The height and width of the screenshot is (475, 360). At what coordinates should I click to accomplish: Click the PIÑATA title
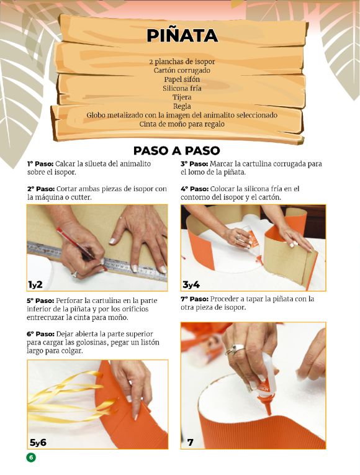click(x=182, y=35)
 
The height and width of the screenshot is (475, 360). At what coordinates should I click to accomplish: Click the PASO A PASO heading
click(x=177, y=151)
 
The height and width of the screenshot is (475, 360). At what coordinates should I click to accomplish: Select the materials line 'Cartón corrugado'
click(x=182, y=71)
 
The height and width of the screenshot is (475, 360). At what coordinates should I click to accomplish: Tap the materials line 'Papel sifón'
click(x=182, y=79)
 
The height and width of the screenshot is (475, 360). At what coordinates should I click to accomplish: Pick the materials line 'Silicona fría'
click(x=182, y=88)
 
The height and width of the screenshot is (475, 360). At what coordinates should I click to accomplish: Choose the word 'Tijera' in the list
click(x=182, y=97)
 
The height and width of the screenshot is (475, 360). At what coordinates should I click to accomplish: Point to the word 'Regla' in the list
click(x=182, y=106)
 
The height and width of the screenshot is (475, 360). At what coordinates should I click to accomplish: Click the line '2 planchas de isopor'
click(x=182, y=62)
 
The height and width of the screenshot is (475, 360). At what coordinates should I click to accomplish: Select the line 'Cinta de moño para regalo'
click(x=182, y=124)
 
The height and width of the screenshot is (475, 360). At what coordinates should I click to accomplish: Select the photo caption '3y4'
click(x=191, y=284)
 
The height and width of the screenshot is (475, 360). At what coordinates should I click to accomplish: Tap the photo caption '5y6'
click(x=38, y=442)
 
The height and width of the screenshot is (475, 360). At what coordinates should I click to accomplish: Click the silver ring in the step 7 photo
click(x=237, y=349)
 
